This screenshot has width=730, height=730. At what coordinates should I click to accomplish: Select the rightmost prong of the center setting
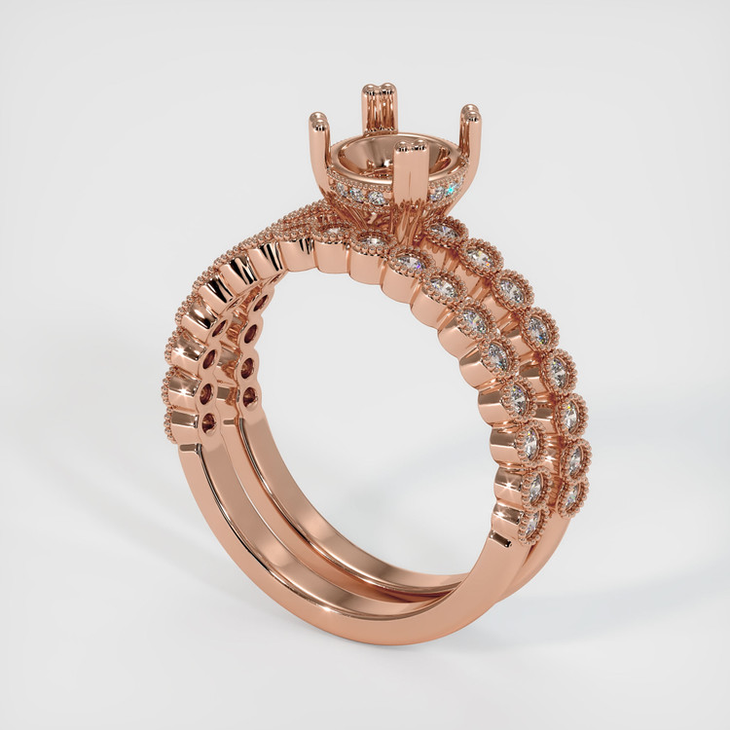coord(470,114)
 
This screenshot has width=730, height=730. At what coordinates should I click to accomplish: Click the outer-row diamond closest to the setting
coord(444,230)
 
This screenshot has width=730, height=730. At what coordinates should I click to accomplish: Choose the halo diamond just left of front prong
coord(377,198)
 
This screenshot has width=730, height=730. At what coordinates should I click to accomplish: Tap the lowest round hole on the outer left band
coord(208,422)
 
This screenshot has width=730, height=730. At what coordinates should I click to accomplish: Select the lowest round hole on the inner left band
coord(251,397)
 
